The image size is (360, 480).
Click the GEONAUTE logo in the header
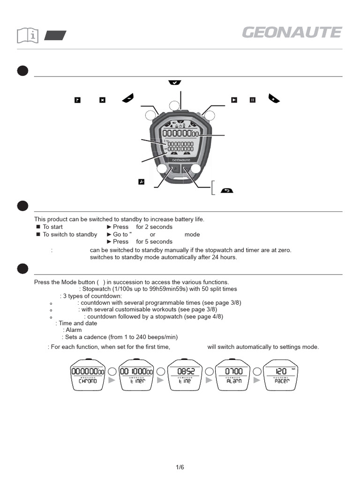[292, 33]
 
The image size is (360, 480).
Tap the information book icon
[27, 35]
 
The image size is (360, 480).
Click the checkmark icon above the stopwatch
[174, 82]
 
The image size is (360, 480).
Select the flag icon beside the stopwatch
[78, 99]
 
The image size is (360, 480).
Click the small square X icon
[103, 99]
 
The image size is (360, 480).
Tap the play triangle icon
[234, 99]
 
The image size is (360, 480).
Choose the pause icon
[253, 99]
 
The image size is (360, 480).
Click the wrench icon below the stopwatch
[141, 181]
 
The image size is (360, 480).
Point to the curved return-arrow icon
[226, 191]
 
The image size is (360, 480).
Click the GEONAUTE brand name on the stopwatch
[180, 159]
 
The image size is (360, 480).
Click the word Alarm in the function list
[74, 330]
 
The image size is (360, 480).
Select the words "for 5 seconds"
[154, 241]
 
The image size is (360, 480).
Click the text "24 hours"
[225, 257]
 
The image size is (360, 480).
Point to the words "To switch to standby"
[70, 234]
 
